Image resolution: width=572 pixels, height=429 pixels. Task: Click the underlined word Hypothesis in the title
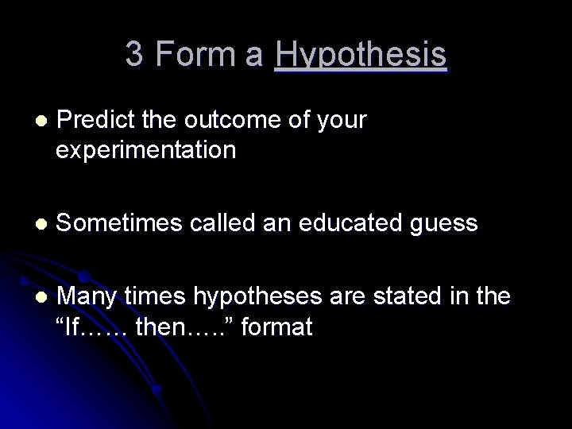[x=360, y=56]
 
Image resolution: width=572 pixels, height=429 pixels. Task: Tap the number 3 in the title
[x=133, y=54]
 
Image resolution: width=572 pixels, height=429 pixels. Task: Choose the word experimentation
[x=146, y=150]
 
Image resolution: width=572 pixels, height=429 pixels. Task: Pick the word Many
[x=87, y=297]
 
